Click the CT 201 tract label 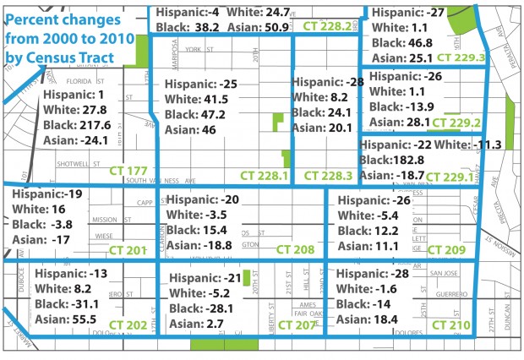(128, 250)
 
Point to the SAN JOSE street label (444, 273)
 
